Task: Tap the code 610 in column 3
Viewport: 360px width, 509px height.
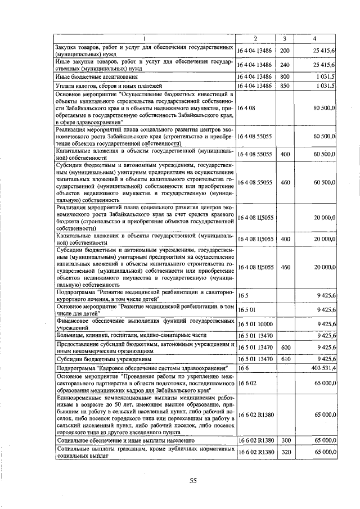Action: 285,358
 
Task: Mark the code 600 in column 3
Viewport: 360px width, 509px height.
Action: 285,348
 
